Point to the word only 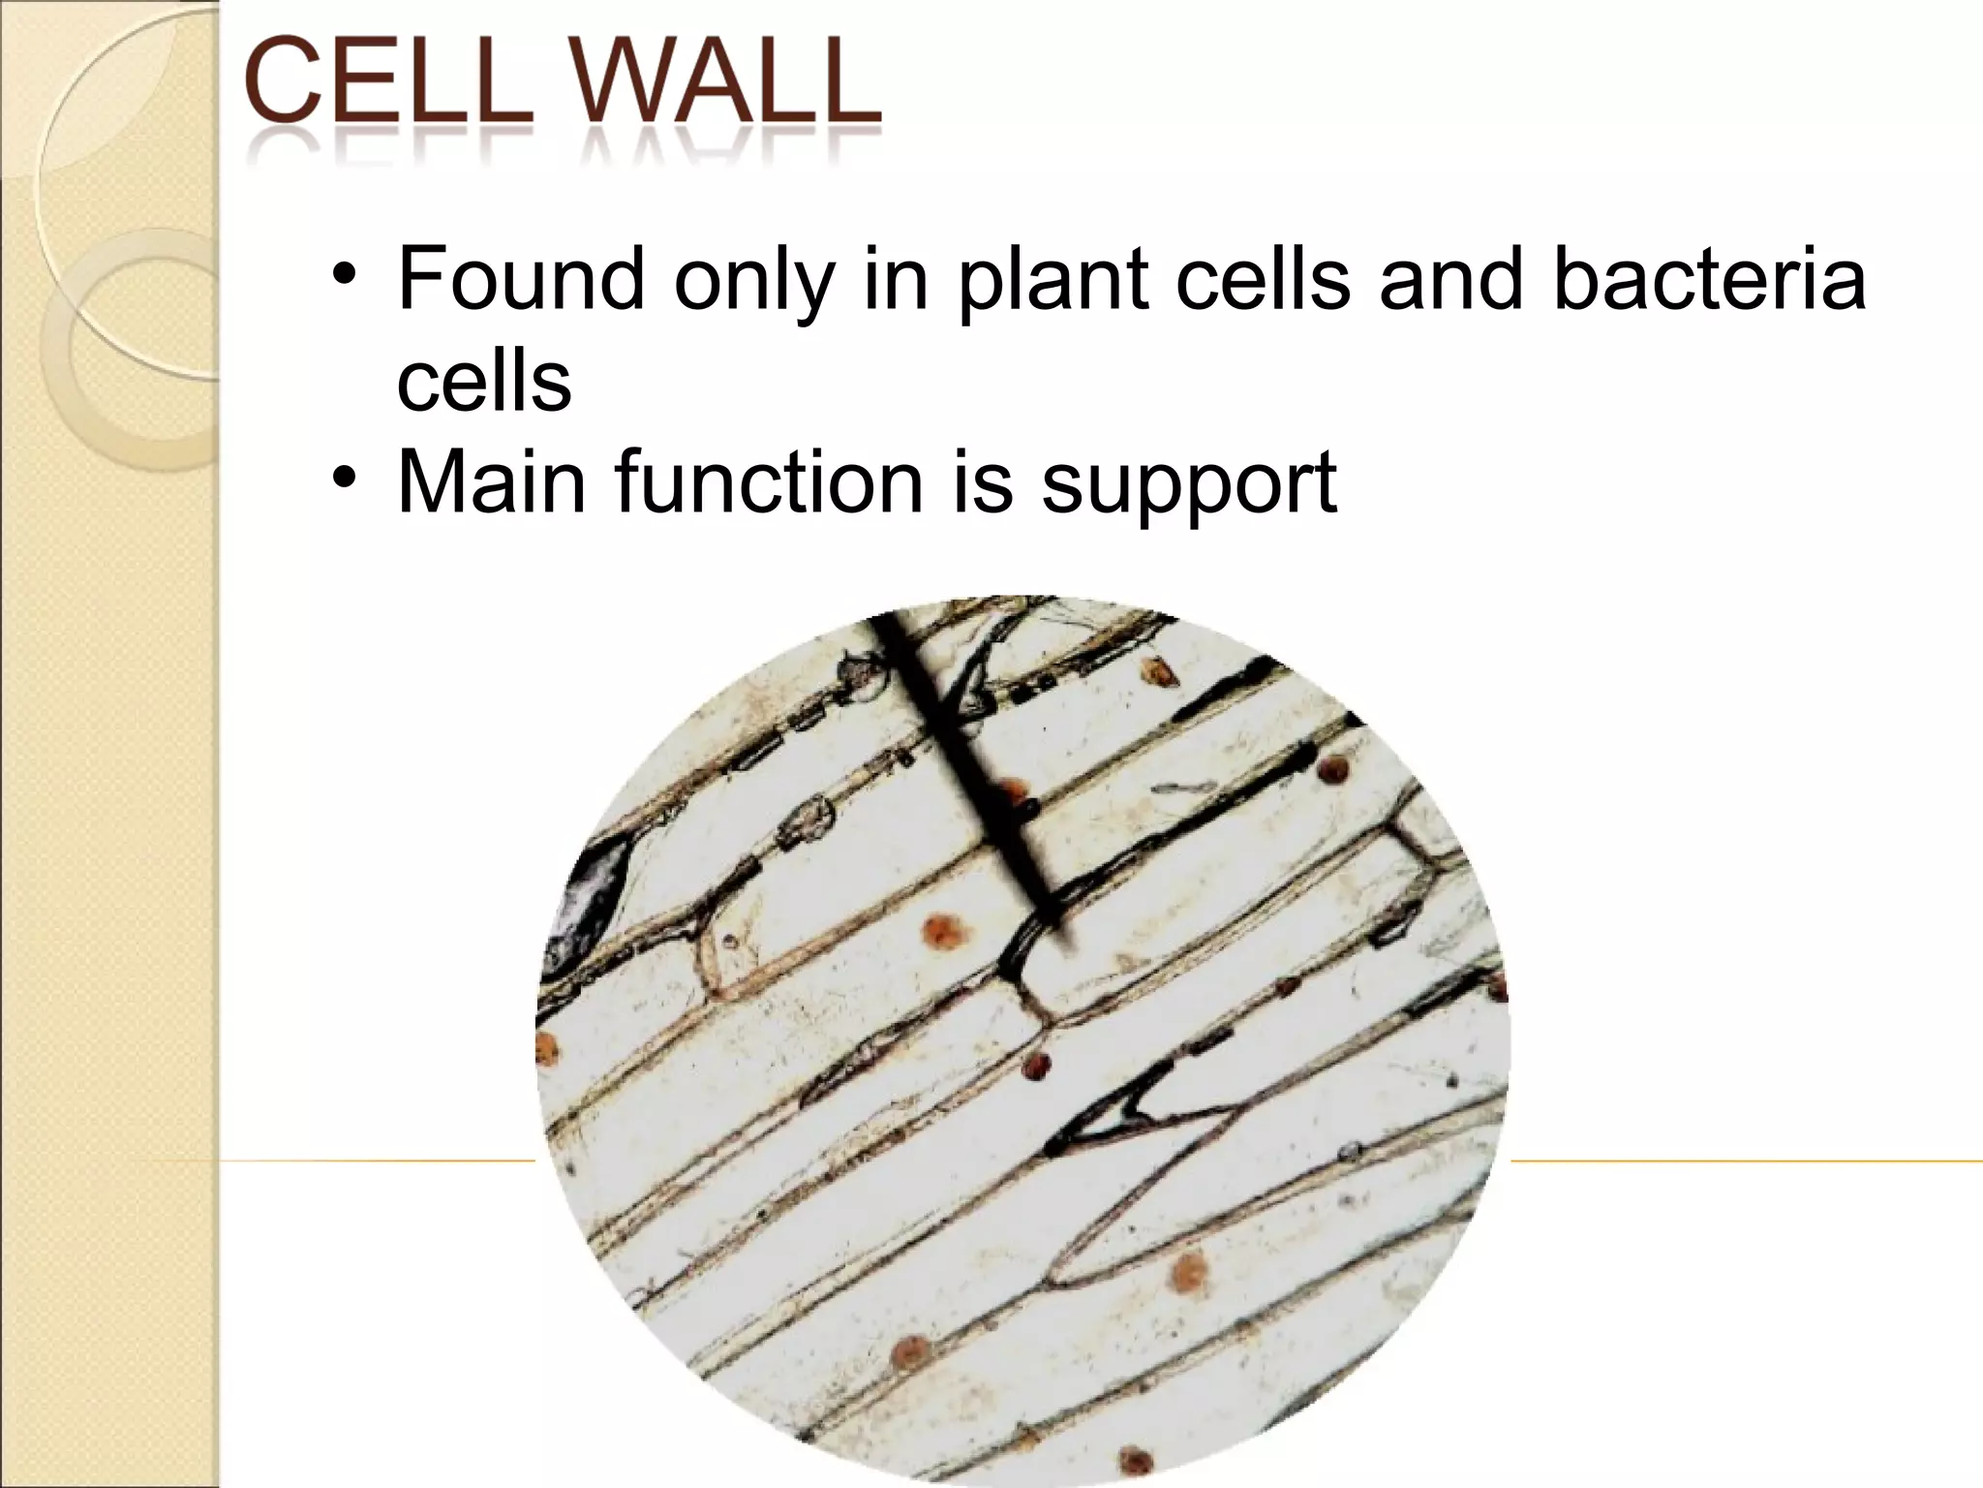[753, 281]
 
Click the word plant [1052, 281]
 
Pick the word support [1189, 484]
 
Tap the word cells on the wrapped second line [484, 380]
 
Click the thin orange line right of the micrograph [1743, 1161]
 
